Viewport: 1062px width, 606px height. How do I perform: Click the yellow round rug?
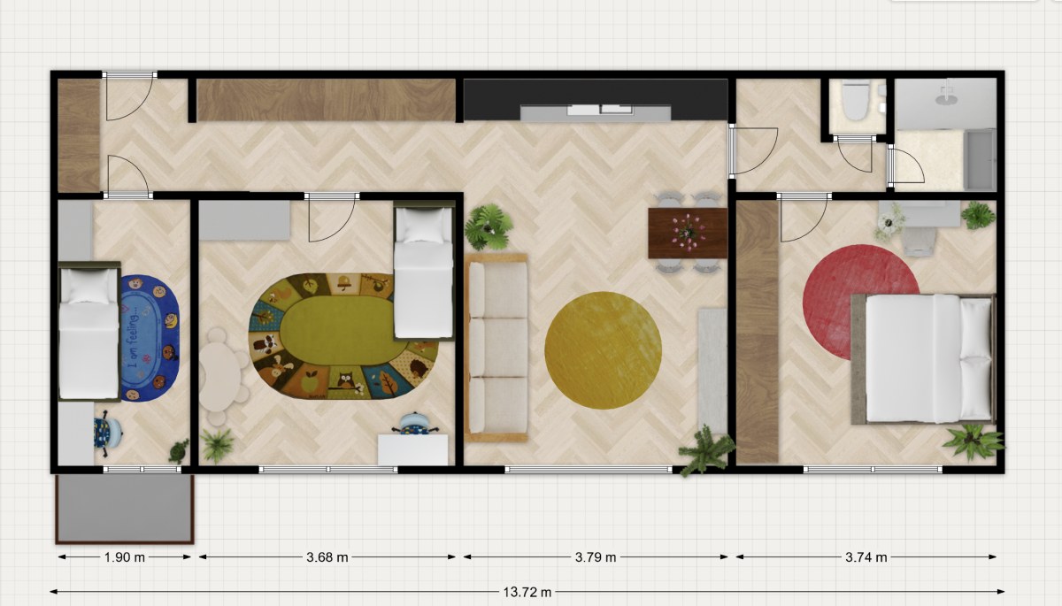(x=603, y=350)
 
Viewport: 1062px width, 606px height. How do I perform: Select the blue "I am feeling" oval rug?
(x=150, y=338)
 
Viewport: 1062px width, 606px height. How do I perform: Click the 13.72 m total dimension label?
(x=527, y=592)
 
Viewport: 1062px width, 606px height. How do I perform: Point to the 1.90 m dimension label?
(x=124, y=557)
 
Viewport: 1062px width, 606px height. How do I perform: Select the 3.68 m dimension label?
(x=327, y=557)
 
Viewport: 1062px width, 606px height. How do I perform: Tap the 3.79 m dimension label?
(x=596, y=557)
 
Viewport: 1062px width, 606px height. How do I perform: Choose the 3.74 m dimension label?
(x=866, y=557)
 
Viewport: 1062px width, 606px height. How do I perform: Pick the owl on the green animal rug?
(x=346, y=380)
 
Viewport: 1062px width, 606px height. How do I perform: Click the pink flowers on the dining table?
(x=688, y=232)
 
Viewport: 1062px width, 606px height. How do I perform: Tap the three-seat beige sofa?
(x=496, y=348)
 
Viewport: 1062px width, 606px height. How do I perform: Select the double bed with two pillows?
(x=922, y=358)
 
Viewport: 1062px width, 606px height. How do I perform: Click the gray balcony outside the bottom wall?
(x=125, y=509)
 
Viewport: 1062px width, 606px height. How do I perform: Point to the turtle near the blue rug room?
(x=179, y=451)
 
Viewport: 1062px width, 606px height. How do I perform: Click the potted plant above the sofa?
(x=489, y=227)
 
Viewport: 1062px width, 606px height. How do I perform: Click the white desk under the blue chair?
(x=412, y=449)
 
